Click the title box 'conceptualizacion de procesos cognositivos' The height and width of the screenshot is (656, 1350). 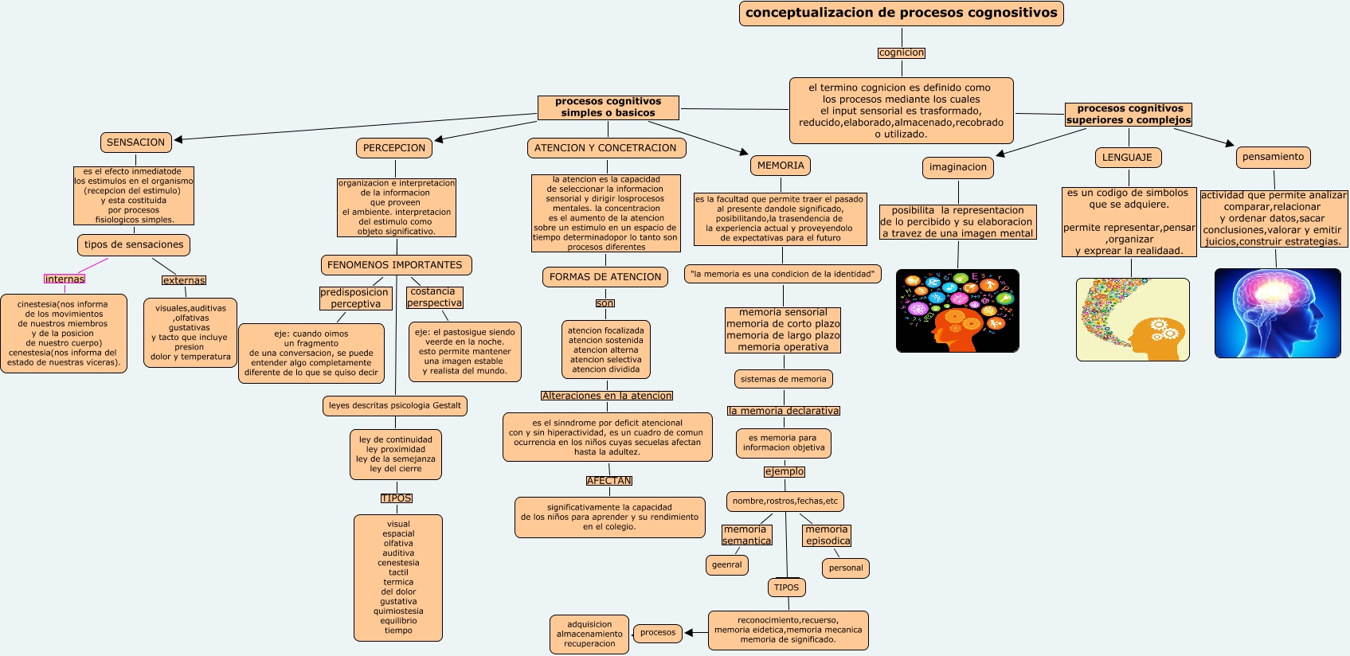(901, 13)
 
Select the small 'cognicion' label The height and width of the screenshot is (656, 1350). (901, 53)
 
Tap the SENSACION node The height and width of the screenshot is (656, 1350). (135, 143)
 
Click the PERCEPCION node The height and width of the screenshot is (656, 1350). (393, 148)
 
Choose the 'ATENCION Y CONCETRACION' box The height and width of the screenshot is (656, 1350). (605, 148)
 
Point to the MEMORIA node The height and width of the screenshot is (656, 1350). (781, 166)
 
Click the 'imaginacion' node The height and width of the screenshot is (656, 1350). (957, 167)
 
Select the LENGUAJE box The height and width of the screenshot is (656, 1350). (1127, 158)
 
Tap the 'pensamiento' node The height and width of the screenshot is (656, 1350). (1273, 157)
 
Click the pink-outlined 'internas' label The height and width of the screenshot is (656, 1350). (65, 279)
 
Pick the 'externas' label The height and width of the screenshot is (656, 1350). (184, 280)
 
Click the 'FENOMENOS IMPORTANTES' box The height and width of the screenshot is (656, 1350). (395, 265)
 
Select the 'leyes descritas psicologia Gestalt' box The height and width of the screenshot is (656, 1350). (394, 406)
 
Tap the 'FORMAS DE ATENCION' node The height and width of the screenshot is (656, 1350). (605, 277)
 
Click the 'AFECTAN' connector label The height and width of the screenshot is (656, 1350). (608, 481)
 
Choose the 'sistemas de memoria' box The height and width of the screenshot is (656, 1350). (783, 379)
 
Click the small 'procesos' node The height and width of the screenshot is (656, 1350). (658, 633)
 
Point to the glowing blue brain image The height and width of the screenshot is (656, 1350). (1277, 313)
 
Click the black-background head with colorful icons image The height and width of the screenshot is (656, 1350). (957, 310)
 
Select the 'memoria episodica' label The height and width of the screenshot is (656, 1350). (827, 535)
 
